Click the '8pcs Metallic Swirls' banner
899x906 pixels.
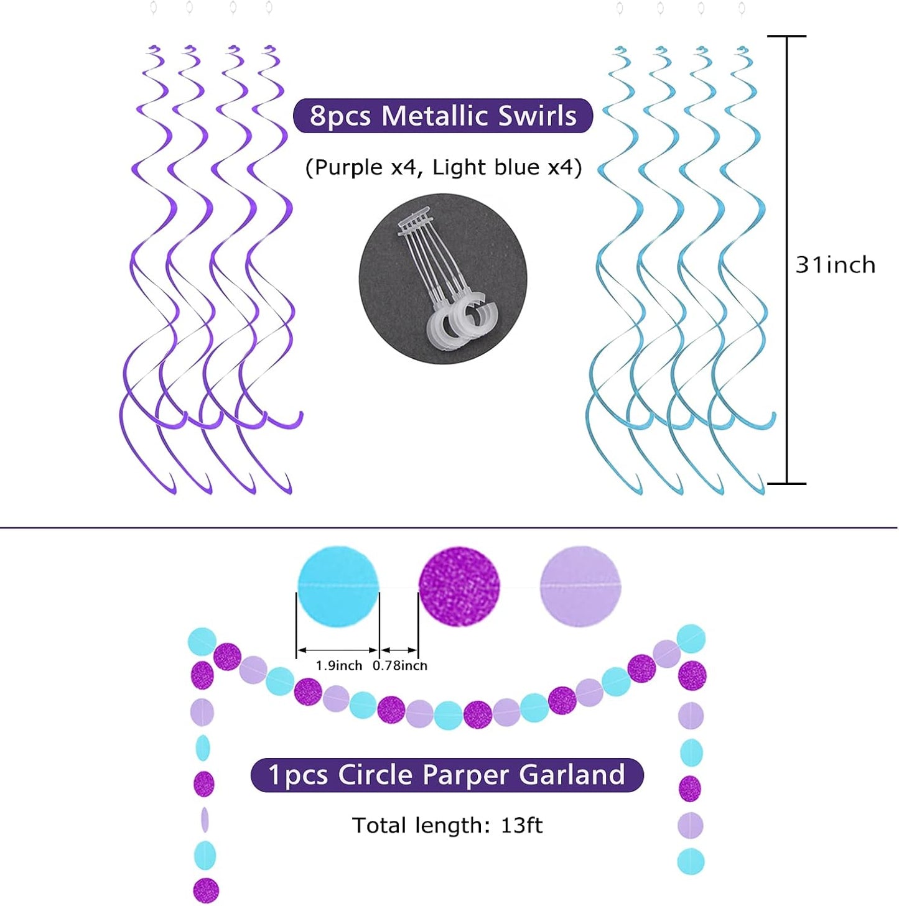(x=442, y=116)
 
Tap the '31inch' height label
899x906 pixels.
(x=835, y=265)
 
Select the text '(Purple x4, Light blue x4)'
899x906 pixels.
(x=443, y=168)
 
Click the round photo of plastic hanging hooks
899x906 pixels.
(x=443, y=279)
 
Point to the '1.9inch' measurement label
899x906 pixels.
(x=338, y=666)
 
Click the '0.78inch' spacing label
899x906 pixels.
(x=400, y=666)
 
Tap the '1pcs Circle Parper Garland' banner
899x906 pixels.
(x=447, y=775)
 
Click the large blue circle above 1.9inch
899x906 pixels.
(x=338, y=586)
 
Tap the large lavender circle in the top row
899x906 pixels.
(x=580, y=586)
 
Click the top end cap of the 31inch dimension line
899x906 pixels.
(x=787, y=35)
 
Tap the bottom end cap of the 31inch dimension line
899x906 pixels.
(x=787, y=483)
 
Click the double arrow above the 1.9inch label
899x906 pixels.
(x=338, y=650)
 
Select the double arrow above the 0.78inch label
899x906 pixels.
(x=398, y=650)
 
